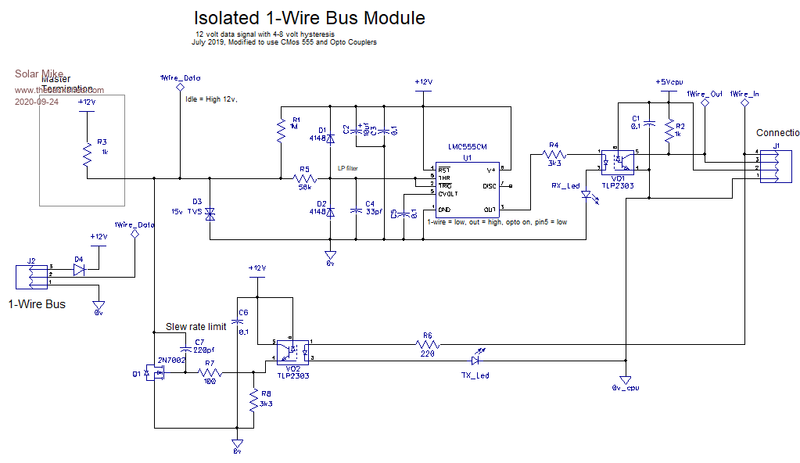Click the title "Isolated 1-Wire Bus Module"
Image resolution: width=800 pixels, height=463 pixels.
(x=310, y=18)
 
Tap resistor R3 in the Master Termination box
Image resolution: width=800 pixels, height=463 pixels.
(x=87, y=156)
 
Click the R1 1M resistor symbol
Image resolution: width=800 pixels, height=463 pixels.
(x=280, y=130)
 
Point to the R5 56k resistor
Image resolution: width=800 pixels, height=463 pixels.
(x=305, y=178)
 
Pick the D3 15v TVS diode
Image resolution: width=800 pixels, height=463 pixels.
(x=210, y=212)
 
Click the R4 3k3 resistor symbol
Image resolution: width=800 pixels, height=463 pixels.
(x=554, y=155)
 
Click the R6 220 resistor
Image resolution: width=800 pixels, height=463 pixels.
(x=427, y=343)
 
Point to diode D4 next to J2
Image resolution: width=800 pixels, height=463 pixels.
(x=78, y=269)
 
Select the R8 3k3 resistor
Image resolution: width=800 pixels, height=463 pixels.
(x=253, y=402)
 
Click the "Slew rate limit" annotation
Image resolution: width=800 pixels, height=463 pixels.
(x=196, y=326)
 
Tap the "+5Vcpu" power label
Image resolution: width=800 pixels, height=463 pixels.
(x=669, y=81)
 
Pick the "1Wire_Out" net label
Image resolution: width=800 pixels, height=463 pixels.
(x=705, y=94)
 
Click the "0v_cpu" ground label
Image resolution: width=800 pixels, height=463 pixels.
(x=626, y=387)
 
